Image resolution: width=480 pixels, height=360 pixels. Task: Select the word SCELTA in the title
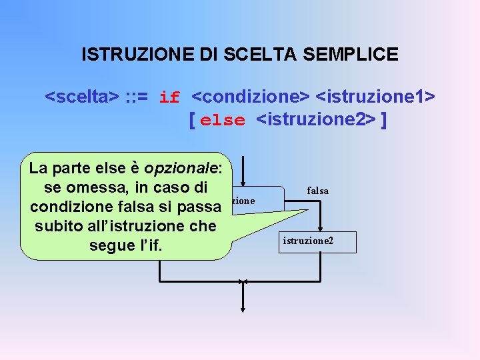point(253,55)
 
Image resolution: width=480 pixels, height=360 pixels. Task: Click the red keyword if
point(169,97)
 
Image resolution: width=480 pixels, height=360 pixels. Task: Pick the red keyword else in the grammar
point(223,121)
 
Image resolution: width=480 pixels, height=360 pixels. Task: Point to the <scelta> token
point(81,97)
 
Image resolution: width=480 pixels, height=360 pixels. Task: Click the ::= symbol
point(139,97)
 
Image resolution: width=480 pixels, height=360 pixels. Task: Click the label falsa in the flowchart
point(317,191)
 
